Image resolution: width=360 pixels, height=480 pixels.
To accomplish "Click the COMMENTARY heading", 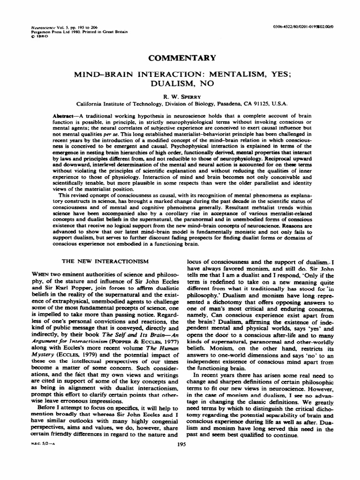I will (182, 58).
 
